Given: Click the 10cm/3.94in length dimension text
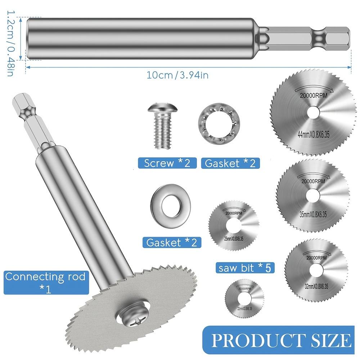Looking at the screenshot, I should (x=177, y=75).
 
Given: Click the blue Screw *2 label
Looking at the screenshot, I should (x=167, y=163).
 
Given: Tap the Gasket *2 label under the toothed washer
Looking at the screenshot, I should (x=230, y=163).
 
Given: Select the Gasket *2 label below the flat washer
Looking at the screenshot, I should (x=172, y=242).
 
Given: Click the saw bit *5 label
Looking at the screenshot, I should (x=244, y=268).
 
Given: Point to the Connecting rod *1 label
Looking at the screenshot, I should (x=45, y=283).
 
